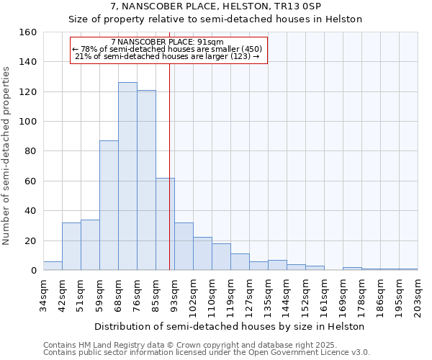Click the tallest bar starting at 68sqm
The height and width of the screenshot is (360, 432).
pos(127,176)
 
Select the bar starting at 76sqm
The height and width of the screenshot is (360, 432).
pos(146,180)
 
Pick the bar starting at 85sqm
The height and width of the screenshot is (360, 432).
pos(165,224)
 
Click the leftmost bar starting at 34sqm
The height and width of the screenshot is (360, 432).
pos(53,266)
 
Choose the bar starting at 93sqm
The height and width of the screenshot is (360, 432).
pos(184,246)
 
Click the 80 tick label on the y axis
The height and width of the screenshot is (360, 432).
pos(31,152)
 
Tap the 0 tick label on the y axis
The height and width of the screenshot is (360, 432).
pos(34,271)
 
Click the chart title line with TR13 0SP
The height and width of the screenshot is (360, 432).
pos(216,6)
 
